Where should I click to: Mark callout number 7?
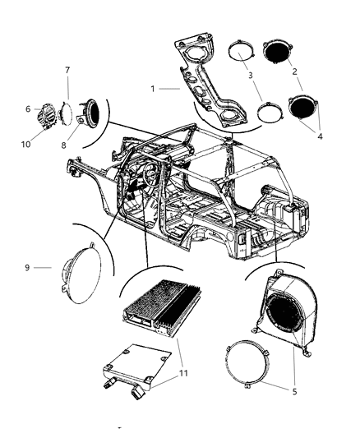pyautogui.click(x=67, y=71)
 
